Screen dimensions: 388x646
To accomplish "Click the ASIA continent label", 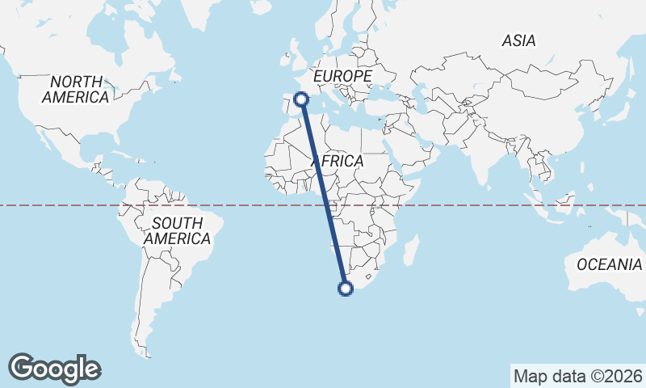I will (518, 40).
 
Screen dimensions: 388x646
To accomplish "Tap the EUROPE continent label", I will (342, 76).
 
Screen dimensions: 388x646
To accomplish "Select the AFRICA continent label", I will (338, 162).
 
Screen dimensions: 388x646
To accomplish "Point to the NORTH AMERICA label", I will (76, 89).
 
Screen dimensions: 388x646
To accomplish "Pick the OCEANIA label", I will (610, 264).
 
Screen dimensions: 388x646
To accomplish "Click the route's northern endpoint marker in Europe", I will (302, 99).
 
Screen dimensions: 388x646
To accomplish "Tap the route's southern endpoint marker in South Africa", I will (346, 288).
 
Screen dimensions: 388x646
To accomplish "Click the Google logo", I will (55, 369).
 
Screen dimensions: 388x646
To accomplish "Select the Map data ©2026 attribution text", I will (578, 376).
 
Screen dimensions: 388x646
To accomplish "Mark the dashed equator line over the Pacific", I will (48, 205).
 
